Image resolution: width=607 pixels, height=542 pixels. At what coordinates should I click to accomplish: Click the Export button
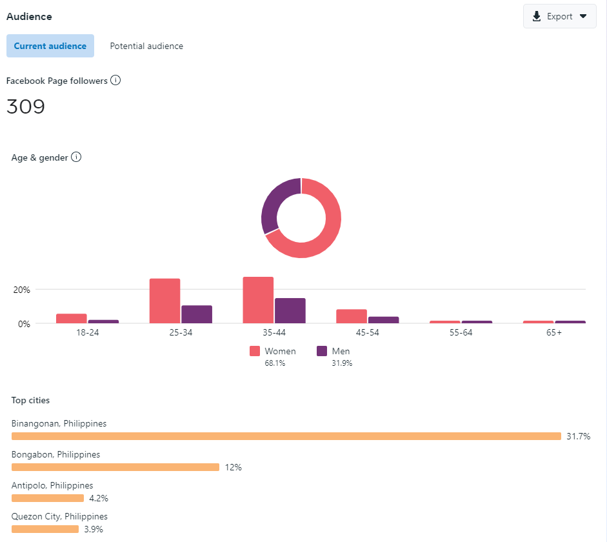(x=559, y=16)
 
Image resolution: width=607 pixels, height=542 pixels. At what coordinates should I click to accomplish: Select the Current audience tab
(x=50, y=46)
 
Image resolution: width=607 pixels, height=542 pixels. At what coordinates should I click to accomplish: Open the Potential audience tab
(x=146, y=46)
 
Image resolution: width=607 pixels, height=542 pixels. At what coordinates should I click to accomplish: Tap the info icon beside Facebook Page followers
(x=115, y=80)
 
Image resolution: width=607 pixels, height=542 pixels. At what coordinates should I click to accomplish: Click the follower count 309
(x=26, y=106)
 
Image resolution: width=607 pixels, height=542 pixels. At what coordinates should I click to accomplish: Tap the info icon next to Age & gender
(x=76, y=157)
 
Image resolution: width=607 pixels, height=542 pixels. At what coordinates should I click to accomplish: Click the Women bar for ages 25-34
(x=165, y=301)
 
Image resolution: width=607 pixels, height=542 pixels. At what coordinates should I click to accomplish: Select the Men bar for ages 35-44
(x=290, y=310)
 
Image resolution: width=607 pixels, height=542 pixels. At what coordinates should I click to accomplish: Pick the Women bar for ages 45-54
(x=352, y=316)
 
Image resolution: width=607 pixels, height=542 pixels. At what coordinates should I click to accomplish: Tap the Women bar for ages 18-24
(x=72, y=318)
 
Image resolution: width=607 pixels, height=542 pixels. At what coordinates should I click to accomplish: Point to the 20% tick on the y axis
(x=22, y=290)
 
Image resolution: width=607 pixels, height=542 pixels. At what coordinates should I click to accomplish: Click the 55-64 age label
(x=461, y=332)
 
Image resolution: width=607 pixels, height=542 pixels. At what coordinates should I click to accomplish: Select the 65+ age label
(x=554, y=332)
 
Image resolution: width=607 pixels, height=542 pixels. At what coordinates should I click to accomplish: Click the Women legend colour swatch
(x=255, y=351)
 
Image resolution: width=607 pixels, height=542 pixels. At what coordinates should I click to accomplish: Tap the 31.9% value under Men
(x=342, y=363)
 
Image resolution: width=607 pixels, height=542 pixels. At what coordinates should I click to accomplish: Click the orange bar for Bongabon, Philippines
(x=115, y=467)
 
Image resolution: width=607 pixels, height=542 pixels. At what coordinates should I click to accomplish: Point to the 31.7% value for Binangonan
(x=579, y=436)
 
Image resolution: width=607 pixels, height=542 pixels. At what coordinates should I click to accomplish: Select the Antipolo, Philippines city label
(x=52, y=485)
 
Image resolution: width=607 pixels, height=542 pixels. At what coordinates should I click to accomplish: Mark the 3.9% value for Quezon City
(x=94, y=529)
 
